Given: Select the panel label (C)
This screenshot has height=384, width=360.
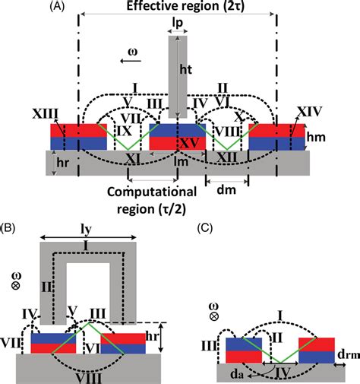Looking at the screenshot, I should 205,227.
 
